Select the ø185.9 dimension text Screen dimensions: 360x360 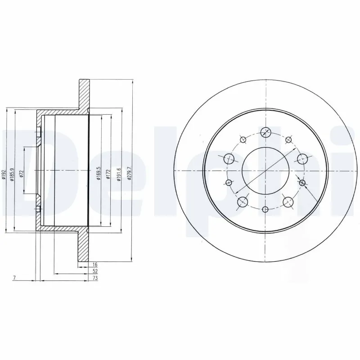pyautogui.click(x=12, y=173)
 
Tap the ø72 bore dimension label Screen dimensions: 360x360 pyautogui.click(x=21, y=174)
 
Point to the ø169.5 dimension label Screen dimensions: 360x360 pyautogui.click(x=98, y=173)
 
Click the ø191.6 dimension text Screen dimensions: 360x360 pyautogui.click(x=119, y=173)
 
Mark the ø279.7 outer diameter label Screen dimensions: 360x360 pyautogui.click(x=129, y=173)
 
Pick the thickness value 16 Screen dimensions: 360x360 pyautogui.click(x=95, y=265)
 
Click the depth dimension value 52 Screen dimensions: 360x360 pyautogui.click(x=95, y=272)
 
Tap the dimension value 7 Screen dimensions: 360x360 pyautogui.click(x=15, y=279)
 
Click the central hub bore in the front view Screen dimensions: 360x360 pyautogui.click(x=264, y=170)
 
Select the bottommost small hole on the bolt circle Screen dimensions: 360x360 pyautogui.click(x=265, y=209)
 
